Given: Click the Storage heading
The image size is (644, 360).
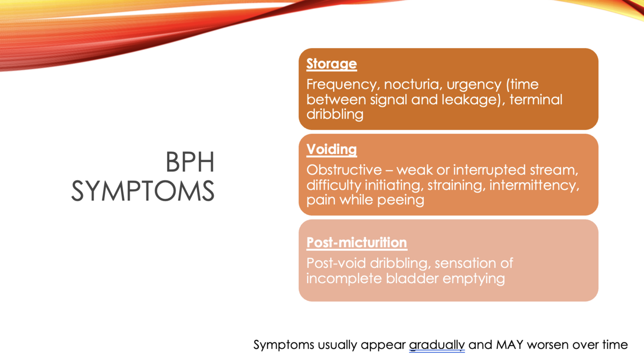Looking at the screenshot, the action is click(332, 64).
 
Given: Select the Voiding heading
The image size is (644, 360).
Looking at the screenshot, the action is click(332, 150).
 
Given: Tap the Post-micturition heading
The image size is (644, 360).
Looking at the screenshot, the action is click(357, 242).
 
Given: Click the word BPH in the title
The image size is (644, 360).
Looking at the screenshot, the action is click(190, 162).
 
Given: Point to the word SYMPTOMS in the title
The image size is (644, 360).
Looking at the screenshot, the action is click(142, 191).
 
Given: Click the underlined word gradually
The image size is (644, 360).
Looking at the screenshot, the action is click(437, 345).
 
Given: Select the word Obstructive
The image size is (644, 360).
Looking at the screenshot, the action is click(344, 170).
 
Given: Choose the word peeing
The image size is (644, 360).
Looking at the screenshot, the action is click(401, 200).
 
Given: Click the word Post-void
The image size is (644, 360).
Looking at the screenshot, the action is click(336, 263).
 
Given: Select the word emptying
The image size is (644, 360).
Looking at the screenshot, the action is click(474, 279).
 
